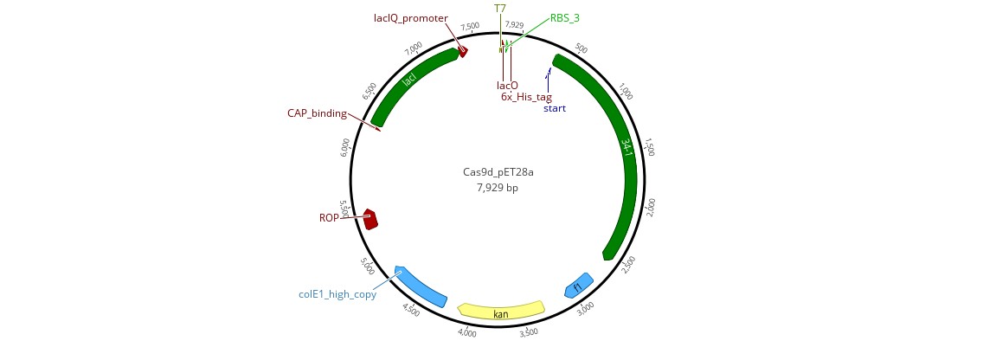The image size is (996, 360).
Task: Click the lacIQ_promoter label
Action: pos(411,18)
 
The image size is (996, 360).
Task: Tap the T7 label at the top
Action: pos(500,9)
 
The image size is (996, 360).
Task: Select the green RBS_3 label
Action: pos(565,18)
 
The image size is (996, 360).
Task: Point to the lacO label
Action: pos(508,85)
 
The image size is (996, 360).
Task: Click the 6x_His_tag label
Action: pos(527,97)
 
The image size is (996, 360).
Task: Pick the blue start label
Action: pos(555,108)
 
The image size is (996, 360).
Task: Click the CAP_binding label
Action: pos(317,113)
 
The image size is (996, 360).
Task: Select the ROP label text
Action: pos(329,218)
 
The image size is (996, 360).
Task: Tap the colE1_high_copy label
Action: pos(337,294)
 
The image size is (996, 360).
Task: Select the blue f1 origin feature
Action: pos(578,286)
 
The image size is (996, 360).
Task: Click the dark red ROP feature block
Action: pos(370,219)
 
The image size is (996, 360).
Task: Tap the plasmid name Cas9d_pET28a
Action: pos(498,172)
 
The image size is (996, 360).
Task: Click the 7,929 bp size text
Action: pos(498,187)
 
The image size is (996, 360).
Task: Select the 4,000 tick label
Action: pos(467,332)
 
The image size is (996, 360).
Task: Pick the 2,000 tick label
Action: pos(651,207)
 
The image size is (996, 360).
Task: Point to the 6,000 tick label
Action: pos(345,147)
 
